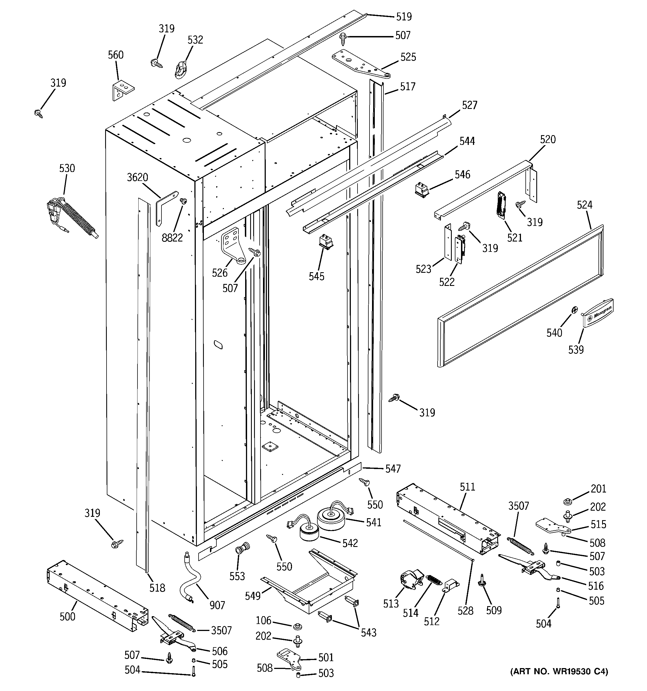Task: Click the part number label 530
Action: click(67, 168)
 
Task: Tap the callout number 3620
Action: click(137, 177)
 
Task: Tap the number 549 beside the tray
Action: click(252, 596)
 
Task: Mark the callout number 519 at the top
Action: click(404, 16)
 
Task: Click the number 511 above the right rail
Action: click(467, 487)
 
